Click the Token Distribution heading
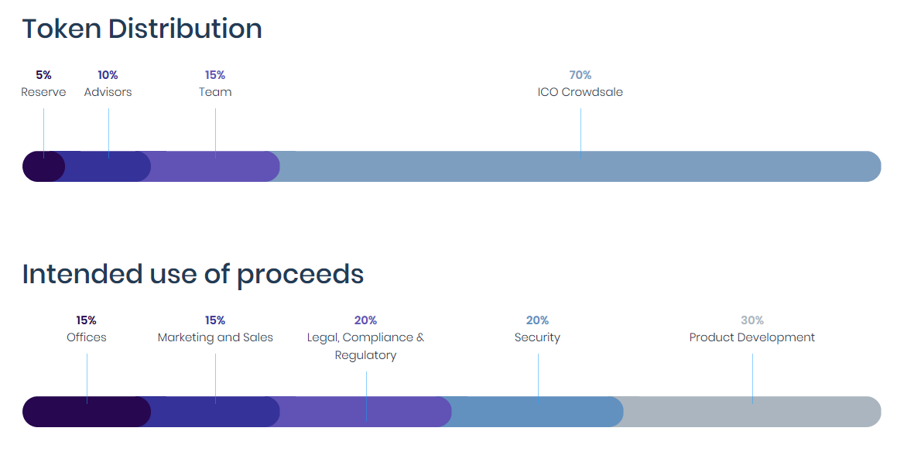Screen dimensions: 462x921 pyautogui.click(x=142, y=29)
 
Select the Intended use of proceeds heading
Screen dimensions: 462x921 pyautogui.click(x=193, y=274)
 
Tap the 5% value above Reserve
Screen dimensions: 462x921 pyautogui.click(x=43, y=75)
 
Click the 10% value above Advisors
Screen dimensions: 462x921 pyautogui.click(x=108, y=75)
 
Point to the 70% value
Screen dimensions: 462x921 pyautogui.click(x=580, y=75)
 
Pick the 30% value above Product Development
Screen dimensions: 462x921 pyautogui.click(x=752, y=320)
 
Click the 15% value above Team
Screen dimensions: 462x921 pyautogui.click(x=215, y=75)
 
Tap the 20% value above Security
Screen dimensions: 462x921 pyautogui.click(x=537, y=320)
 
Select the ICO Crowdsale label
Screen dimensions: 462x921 pyautogui.click(x=580, y=92)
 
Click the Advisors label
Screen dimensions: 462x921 pyautogui.click(x=108, y=92)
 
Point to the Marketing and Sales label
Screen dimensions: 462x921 pyautogui.click(x=215, y=337)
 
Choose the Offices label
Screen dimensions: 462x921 pyautogui.click(x=87, y=337)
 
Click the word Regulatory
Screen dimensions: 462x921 pyautogui.click(x=365, y=355)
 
